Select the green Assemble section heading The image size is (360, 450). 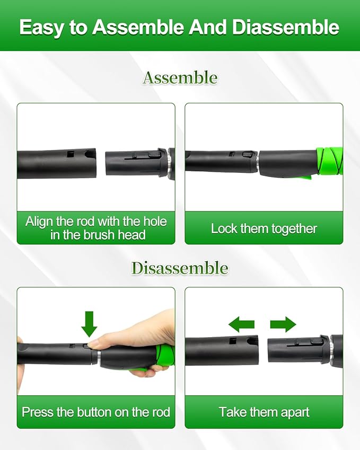click(x=180, y=78)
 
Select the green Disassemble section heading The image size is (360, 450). click(x=180, y=268)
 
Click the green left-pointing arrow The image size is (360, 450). click(x=241, y=324)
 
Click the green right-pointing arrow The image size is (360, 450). click(x=283, y=324)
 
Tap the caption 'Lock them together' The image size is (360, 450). click(x=264, y=229)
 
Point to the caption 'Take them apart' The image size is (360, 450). click(x=264, y=412)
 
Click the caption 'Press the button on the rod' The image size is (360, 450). click(x=96, y=412)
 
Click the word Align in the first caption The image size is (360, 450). click(x=40, y=222)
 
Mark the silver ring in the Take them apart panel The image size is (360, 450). click(x=331, y=351)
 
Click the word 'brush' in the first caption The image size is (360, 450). click(x=99, y=235)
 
